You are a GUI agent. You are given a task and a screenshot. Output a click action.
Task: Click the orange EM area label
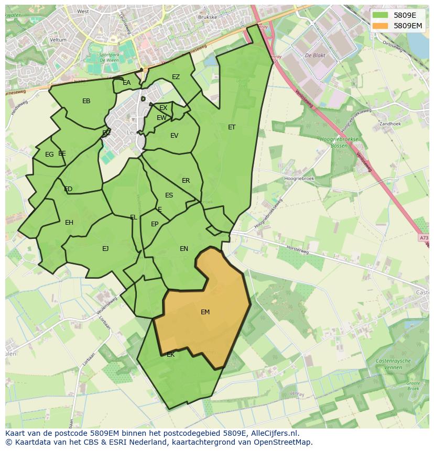205,312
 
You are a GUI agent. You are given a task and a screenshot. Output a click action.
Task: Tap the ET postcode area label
232,127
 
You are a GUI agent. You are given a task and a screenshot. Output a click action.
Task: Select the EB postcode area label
86,101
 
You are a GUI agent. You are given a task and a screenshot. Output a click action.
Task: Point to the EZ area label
176,77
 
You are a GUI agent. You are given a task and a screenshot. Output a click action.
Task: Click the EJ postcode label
105,249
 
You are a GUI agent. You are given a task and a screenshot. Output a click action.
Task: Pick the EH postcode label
69,223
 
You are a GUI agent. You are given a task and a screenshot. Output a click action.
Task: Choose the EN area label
184,249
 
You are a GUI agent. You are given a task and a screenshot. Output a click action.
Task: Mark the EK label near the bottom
170,355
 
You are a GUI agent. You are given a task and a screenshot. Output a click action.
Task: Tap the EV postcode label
175,136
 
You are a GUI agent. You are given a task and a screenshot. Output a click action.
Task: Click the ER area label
186,181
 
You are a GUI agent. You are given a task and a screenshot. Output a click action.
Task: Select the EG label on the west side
49,155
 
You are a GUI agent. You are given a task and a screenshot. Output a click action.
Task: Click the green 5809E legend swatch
380,15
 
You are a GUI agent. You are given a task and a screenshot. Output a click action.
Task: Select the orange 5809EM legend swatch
380,25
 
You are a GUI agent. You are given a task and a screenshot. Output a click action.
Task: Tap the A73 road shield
424,238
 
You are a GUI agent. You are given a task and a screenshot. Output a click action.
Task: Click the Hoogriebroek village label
298,178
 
